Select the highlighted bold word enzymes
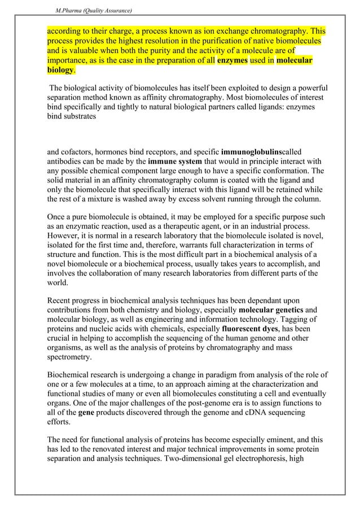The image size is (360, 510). coord(232,60)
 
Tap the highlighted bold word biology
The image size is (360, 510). coord(60,70)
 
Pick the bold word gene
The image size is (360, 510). coord(86,413)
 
